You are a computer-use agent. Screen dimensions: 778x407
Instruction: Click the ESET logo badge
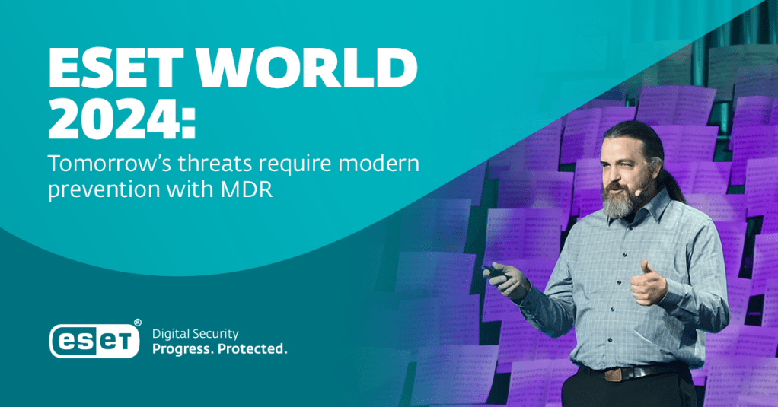(94, 341)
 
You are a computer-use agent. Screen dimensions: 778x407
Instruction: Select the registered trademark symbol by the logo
(138, 323)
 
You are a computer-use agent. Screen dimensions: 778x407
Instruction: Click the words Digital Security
(195, 334)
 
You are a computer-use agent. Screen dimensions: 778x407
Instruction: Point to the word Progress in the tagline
(183, 349)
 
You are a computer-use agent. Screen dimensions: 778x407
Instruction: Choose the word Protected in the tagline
(253, 349)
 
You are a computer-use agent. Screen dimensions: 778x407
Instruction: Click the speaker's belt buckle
(613, 374)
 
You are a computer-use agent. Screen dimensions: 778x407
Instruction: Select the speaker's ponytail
(671, 179)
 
